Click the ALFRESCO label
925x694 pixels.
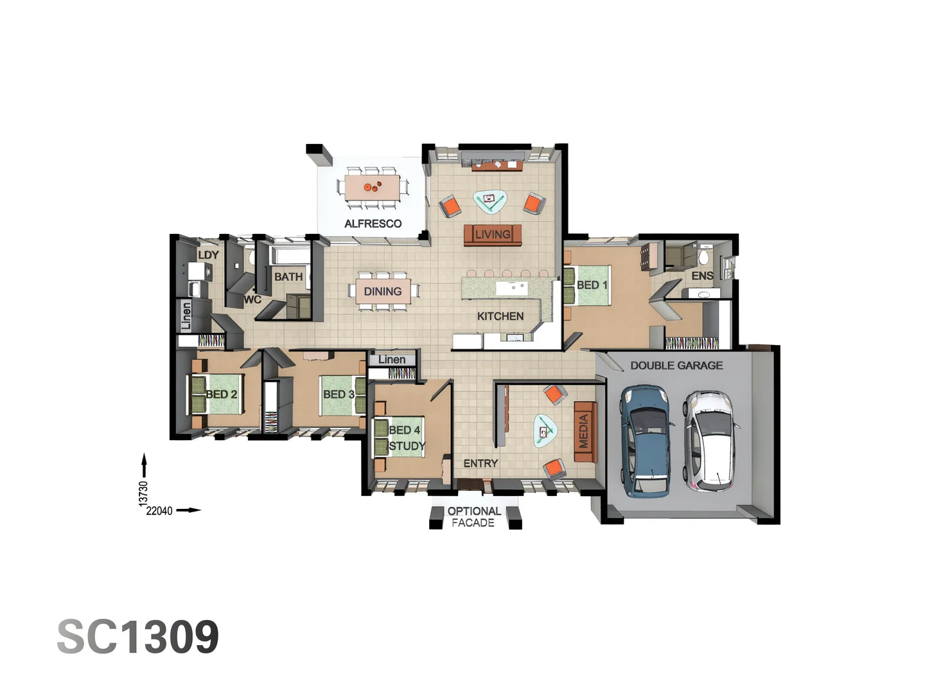coord(373,224)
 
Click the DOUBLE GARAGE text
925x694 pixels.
coord(676,366)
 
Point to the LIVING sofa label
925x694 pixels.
coord(493,235)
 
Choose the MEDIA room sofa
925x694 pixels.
coord(585,431)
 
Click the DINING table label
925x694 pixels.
coord(383,292)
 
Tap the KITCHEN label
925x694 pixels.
coord(500,316)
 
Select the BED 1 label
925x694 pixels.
coord(592,285)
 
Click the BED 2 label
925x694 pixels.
coord(221,394)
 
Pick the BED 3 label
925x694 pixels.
coord(339,394)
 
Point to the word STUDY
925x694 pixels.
coord(407,446)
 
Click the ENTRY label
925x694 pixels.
coord(480,463)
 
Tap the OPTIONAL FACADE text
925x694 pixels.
coord(474,517)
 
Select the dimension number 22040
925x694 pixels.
coord(159,511)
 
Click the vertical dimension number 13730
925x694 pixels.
coord(143,493)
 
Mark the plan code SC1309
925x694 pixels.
coord(138,637)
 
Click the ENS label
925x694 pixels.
coord(702,276)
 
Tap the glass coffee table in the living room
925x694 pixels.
coord(489,201)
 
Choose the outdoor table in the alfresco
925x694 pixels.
coord(372,188)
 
